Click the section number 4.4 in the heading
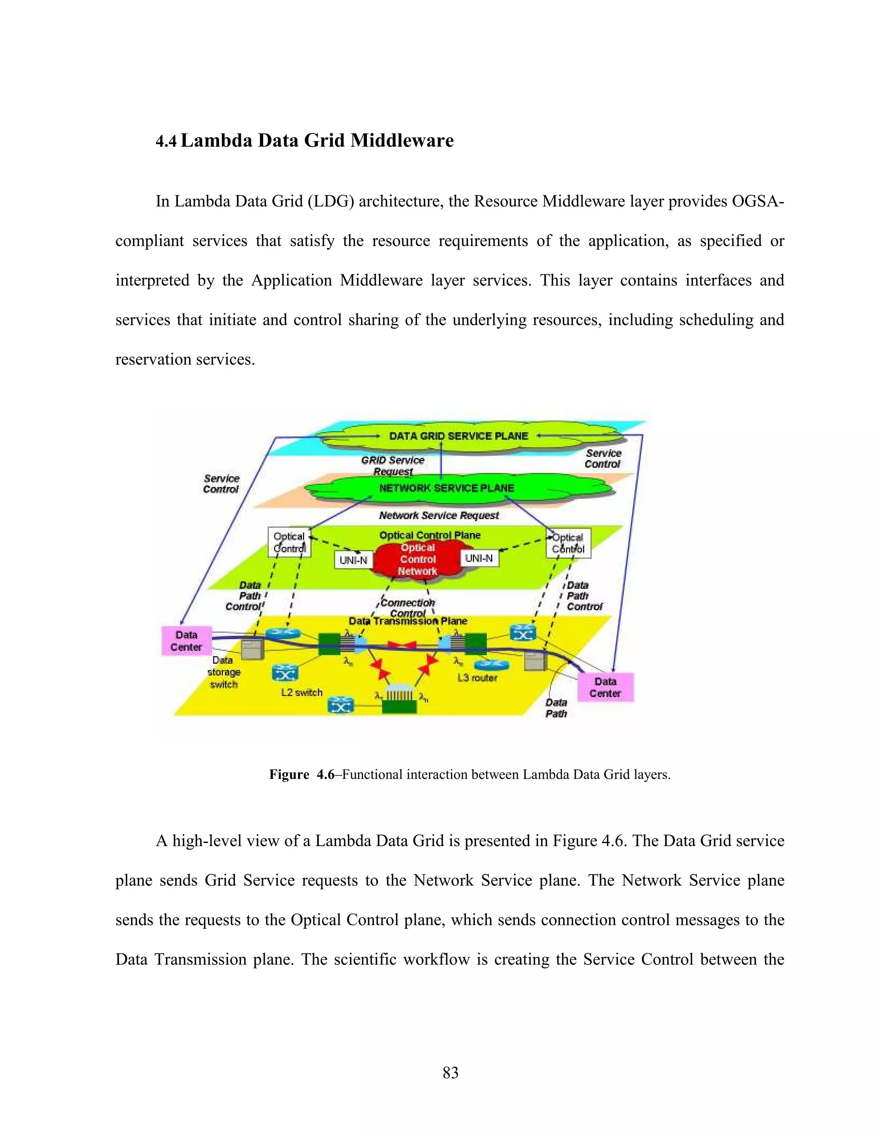pos(166,141)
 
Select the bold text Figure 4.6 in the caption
pos(302,775)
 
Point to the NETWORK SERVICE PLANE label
pos(446,488)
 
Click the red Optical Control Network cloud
pos(418,560)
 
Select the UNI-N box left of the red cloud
pos(353,560)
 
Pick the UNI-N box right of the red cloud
pos(479,558)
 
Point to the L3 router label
pos(477,677)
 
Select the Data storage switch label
pos(224,672)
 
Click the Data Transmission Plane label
pos(408,621)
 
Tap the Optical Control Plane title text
pos(430,535)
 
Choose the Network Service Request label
pos(438,516)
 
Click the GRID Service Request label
pos(393,466)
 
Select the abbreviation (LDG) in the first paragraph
pos(331,202)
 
